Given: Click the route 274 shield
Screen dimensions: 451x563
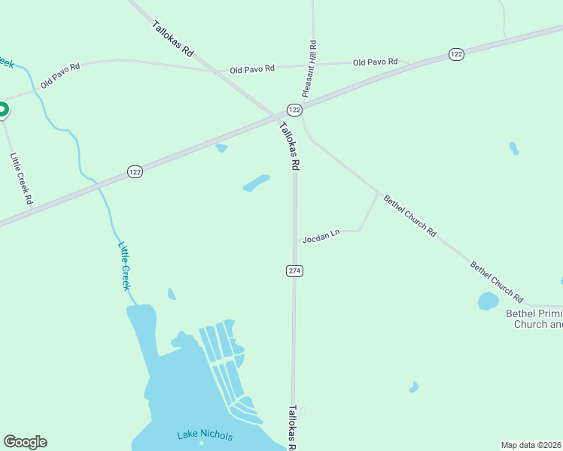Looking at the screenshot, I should (x=294, y=271).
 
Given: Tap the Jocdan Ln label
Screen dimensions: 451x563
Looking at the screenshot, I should (x=321, y=237).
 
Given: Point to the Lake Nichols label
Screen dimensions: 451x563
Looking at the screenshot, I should (x=205, y=435).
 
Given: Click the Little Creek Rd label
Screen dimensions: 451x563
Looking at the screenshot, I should (x=21, y=179).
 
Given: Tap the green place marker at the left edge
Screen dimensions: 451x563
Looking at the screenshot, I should (x=2, y=110).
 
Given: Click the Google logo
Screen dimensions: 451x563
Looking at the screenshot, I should (x=25, y=442).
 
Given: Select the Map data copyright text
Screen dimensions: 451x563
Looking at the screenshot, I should (x=531, y=445).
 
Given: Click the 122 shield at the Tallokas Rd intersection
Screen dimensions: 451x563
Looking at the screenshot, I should (x=294, y=110).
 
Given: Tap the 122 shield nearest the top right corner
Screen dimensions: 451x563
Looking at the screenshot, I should (x=456, y=54).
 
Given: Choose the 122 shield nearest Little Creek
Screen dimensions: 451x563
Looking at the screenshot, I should (x=135, y=171).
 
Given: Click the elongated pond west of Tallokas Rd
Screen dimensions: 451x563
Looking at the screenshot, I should (x=256, y=183).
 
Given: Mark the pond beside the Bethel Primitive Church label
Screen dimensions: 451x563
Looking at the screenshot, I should (x=488, y=301).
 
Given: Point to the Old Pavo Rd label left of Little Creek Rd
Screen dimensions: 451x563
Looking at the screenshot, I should (x=60, y=76).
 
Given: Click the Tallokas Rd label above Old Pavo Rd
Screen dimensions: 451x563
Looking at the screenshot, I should (x=173, y=39).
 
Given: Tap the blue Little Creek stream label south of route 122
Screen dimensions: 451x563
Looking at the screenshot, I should (x=126, y=265).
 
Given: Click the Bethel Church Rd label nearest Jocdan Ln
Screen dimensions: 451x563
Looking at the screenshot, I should (x=410, y=216).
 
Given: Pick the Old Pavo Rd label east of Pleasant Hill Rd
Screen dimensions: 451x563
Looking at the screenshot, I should (x=375, y=62).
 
